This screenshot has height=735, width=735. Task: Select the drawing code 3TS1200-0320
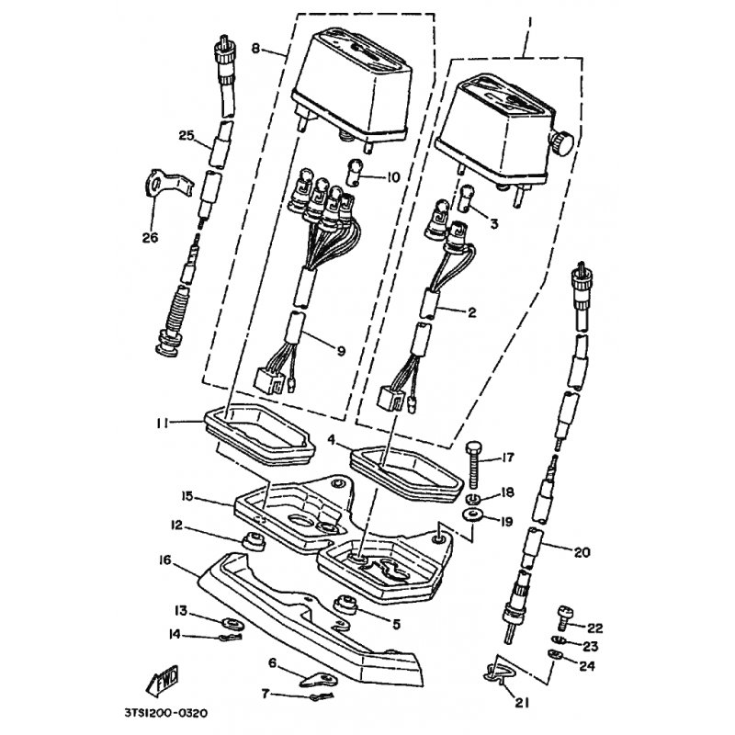[166, 714]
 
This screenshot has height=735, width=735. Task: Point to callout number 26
[151, 238]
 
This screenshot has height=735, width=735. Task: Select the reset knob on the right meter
[562, 143]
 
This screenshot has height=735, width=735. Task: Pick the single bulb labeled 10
[353, 173]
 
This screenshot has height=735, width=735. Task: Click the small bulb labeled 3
[467, 198]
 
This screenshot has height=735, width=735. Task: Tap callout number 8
[256, 49]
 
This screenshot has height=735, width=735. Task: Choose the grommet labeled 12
[254, 542]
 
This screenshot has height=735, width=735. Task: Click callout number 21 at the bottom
[522, 702]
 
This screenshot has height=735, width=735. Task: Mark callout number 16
[165, 560]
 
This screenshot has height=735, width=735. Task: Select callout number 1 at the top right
[530, 21]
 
